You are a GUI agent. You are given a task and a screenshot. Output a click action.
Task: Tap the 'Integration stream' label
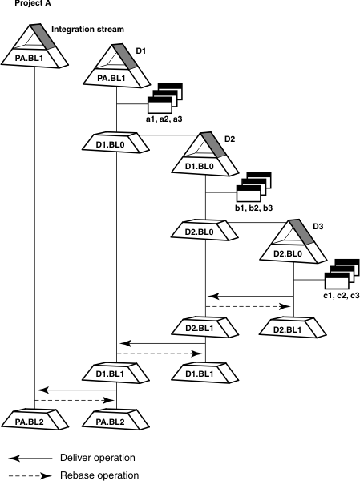[x=88, y=30]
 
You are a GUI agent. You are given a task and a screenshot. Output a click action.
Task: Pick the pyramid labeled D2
[x=206, y=154]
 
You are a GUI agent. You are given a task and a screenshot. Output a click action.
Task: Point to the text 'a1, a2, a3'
[x=164, y=119]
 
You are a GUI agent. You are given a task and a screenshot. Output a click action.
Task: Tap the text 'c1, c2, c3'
[x=342, y=296]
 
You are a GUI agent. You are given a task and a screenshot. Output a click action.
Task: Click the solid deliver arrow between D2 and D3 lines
[x=249, y=297]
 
